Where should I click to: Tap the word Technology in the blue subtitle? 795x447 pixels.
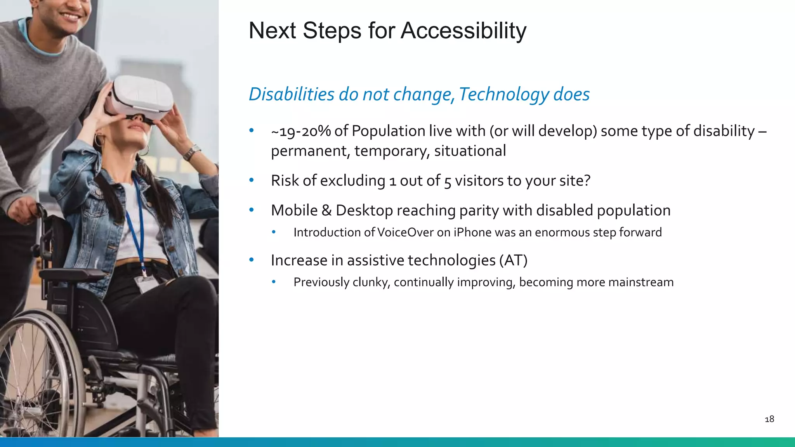tap(503, 94)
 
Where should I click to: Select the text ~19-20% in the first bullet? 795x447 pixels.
tap(301, 132)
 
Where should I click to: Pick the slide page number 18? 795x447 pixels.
tap(769, 419)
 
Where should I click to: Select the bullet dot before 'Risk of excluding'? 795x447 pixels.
tap(252, 180)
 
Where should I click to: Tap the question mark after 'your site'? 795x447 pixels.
tap(587, 181)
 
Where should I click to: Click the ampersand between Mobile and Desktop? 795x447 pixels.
tap(326, 211)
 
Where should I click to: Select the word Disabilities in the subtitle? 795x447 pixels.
tap(291, 94)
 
